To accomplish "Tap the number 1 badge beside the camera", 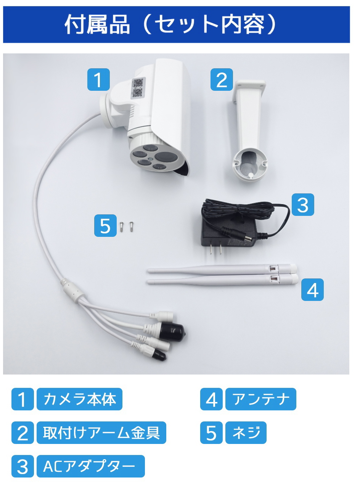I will pyautogui.click(x=98, y=80).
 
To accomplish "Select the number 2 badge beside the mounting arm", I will pyautogui.click(x=222, y=80).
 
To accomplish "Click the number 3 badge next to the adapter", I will pyautogui.click(x=303, y=205).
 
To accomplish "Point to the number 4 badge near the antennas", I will pyautogui.click(x=312, y=290).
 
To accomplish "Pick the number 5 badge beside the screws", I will pyautogui.click(x=105, y=226).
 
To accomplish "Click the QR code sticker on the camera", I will pyautogui.click(x=137, y=88).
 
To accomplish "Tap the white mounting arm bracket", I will pyautogui.click(x=249, y=130).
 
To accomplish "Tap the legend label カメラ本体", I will pyautogui.click(x=79, y=399).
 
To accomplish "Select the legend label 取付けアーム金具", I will pyautogui.click(x=101, y=433).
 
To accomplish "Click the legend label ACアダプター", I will pyautogui.click(x=90, y=466).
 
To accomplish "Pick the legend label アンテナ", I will pyautogui.click(x=260, y=399).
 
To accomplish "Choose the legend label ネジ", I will pyautogui.click(x=246, y=433).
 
